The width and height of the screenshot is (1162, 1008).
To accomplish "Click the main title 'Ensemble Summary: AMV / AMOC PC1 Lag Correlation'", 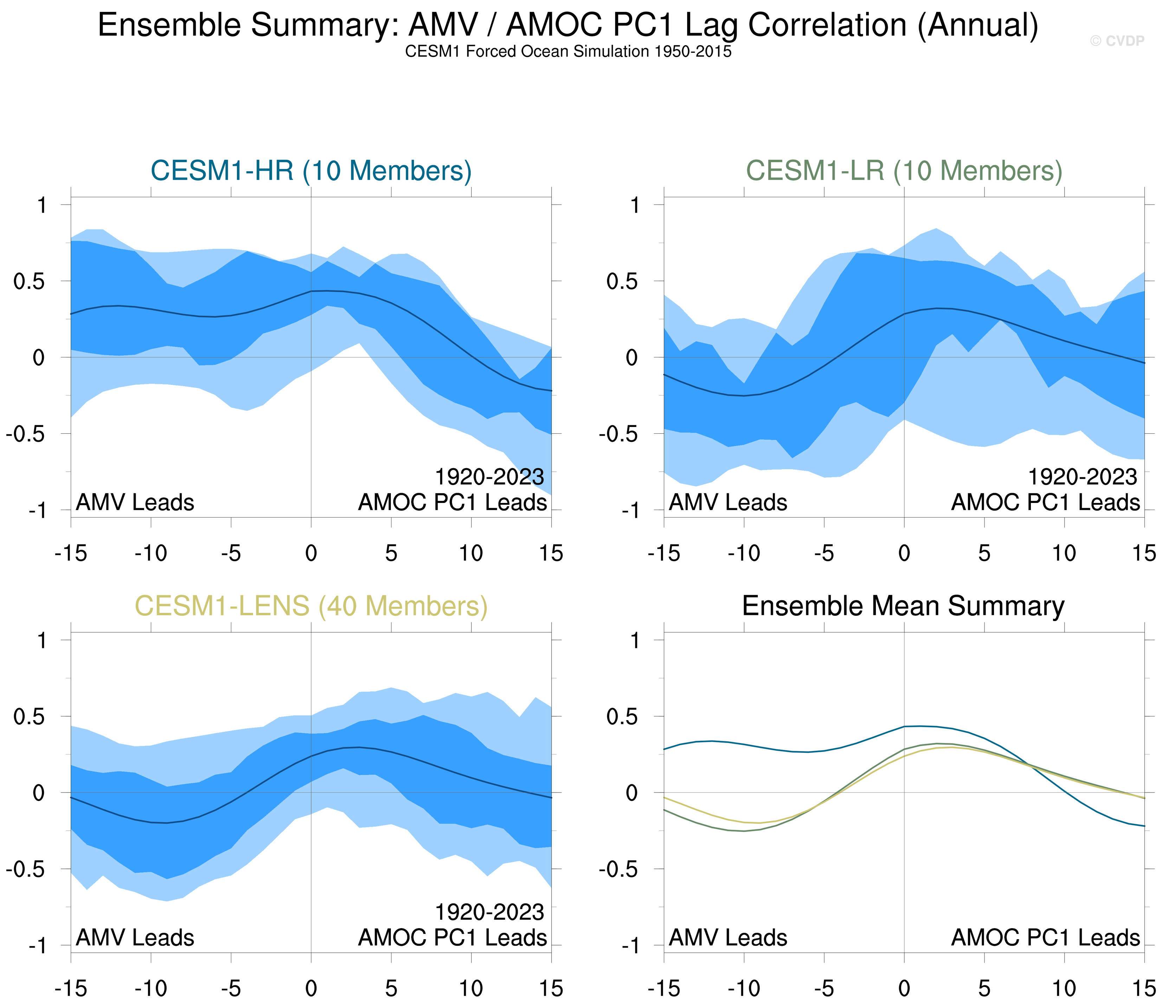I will coord(568,25).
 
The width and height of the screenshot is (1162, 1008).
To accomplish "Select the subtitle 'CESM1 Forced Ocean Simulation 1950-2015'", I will coord(568,52).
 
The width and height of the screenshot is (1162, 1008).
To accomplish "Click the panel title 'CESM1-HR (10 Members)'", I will coord(311,170).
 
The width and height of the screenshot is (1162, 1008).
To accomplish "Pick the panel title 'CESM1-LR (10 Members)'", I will coord(904,170).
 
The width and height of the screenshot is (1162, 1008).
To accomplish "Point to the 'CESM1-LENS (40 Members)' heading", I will coord(311,606).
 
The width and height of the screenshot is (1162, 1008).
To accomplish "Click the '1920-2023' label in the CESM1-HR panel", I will coord(489,477).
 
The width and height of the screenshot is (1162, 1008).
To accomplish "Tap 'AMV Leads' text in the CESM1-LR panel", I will coord(728,502).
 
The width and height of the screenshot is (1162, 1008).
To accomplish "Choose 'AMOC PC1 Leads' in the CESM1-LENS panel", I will coord(453,938).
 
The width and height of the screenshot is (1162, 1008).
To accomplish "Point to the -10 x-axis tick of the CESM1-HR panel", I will coord(151,554).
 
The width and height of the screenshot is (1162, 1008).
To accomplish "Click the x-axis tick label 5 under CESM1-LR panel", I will coord(984,554).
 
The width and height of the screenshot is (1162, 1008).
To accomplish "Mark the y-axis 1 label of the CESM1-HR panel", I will coord(41,205).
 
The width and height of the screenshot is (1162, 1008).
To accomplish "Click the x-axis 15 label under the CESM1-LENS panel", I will coord(551,988).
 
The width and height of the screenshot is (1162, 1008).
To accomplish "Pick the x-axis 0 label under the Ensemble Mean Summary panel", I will coord(904,988).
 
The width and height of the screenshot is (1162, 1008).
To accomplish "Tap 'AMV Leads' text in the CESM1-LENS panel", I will coord(135,938).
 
